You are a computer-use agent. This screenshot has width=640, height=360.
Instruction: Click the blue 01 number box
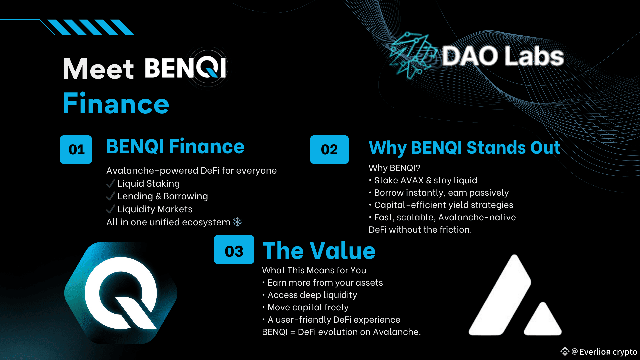click(x=76, y=149)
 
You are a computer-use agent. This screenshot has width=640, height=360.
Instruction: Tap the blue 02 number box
click(x=329, y=149)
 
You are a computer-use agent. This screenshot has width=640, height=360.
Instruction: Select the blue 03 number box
click(x=234, y=250)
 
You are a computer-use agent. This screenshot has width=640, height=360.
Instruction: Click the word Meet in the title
click(x=98, y=69)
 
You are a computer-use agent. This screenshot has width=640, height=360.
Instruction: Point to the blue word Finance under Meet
click(x=116, y=103)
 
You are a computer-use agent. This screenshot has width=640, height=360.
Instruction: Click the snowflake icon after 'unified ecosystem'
click(x=237, y=222)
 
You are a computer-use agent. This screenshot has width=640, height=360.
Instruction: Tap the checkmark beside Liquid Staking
click(x=110, y=183)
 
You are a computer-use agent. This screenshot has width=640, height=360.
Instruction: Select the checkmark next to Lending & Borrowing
click(x=110, y=196)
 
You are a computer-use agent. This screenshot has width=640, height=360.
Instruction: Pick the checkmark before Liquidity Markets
click(x=110, y=209)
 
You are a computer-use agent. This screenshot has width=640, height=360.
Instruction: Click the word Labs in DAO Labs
click(x=534, y=56)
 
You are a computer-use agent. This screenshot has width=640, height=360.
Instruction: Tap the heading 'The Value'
click(x=319, y=251)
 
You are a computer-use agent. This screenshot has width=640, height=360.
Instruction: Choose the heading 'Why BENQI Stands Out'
click(x=465, y=148)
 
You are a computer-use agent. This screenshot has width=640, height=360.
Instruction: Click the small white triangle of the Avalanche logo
click(x=543, y=320)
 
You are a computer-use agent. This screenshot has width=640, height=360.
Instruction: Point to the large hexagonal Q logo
click(x=121, y=293)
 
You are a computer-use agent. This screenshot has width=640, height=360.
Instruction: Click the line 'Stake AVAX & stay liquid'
click(x=426, y=180)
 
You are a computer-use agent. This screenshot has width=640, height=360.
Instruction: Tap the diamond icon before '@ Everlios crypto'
click(x=565, y=351)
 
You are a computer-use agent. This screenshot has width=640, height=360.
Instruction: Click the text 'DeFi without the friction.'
click(x=420, y=230)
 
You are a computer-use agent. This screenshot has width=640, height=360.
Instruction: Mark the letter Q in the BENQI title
click(x=208, y=67)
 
